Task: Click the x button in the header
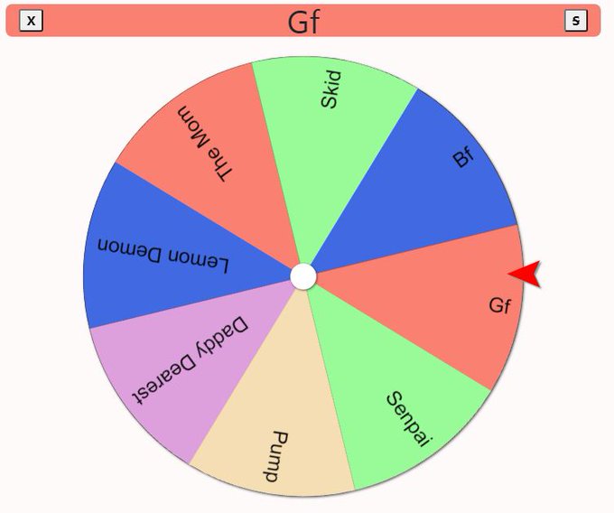click(31, 20)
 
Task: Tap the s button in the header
click(576, 20)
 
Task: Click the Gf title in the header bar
click(304, 23)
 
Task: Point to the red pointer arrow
click(525, 274)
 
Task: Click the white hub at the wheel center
click(303, 276)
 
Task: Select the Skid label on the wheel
click(331, 89)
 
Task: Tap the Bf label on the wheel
click(463, 157)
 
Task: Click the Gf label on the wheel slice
click(500, 305)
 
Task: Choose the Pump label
click(275, 457)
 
